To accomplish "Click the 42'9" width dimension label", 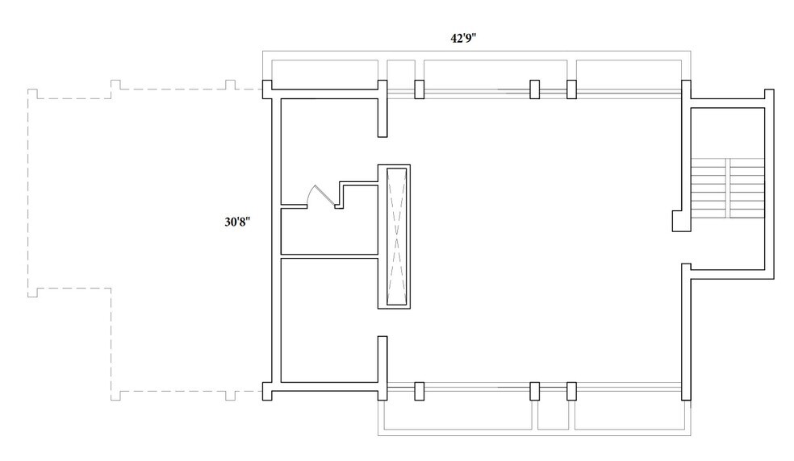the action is click(x=463, y=39).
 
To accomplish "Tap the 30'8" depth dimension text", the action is click(x=237, y=222).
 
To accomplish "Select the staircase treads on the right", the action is click(x=728, y=189).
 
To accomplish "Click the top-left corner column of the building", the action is click(x=267, y=89).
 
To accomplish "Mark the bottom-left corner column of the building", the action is click(x=267, y=391).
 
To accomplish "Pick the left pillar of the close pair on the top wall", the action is click(x=534, y=89).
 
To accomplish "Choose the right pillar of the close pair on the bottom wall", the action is click(x=571, y=391).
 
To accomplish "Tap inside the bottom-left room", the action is click(x=329, y=320).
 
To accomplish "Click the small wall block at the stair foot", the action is click(x=678, y=221).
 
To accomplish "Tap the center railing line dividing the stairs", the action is click(x=729, y=189).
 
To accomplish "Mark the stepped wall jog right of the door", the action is click(x=342, y=193).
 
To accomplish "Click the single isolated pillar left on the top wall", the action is click(x=420, y=89).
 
